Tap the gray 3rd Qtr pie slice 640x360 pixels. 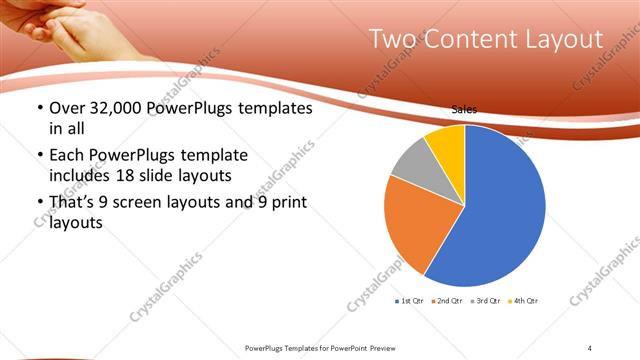click(x=411, y=161)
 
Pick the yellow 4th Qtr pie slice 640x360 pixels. click(x=446, y=144)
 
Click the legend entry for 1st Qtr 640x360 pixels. click(x=410, y=301)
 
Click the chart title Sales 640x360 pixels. click(x=464, y=109)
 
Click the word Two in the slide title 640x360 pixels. click(x=390, y=40)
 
